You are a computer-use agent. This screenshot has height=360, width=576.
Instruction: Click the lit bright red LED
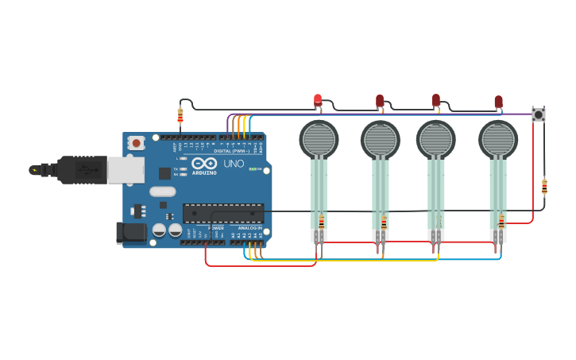point(318,99)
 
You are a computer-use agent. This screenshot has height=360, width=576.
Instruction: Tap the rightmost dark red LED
point(498,101)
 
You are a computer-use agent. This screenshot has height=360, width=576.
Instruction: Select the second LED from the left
point(380,100)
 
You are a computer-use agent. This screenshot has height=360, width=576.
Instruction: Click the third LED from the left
point(436,99)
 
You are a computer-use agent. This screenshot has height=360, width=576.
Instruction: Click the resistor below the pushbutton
point(544,187)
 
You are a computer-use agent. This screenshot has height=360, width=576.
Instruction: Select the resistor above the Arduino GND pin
point(180,116)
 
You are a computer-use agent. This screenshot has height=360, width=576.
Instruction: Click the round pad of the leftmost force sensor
point(319,139)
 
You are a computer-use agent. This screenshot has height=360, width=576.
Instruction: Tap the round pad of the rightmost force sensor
point(498,139)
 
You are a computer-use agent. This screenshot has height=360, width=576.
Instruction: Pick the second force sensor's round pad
point(381,139)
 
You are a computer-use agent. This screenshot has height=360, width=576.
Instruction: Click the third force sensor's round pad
point(436,139)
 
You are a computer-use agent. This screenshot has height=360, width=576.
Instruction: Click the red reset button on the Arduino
point(137,143)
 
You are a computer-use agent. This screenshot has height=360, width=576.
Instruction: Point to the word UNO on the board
point(234,164)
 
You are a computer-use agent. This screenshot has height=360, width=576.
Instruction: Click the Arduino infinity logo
point(204,163)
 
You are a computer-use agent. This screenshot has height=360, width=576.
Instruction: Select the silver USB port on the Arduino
point(126,169)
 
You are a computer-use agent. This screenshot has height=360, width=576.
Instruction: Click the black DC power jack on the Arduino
point(130,233)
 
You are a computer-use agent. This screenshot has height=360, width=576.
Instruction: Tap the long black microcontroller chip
point(223,212)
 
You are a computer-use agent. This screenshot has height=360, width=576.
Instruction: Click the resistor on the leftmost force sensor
point(321,222)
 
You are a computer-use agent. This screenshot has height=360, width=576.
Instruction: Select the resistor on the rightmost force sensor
point(501,222)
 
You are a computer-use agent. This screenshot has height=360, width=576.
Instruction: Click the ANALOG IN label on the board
point(249,227)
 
